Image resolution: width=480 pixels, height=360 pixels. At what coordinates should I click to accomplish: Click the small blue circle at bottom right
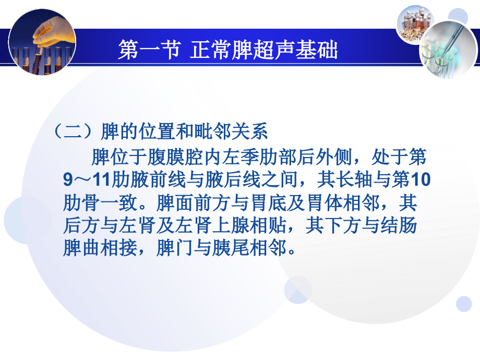463,304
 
